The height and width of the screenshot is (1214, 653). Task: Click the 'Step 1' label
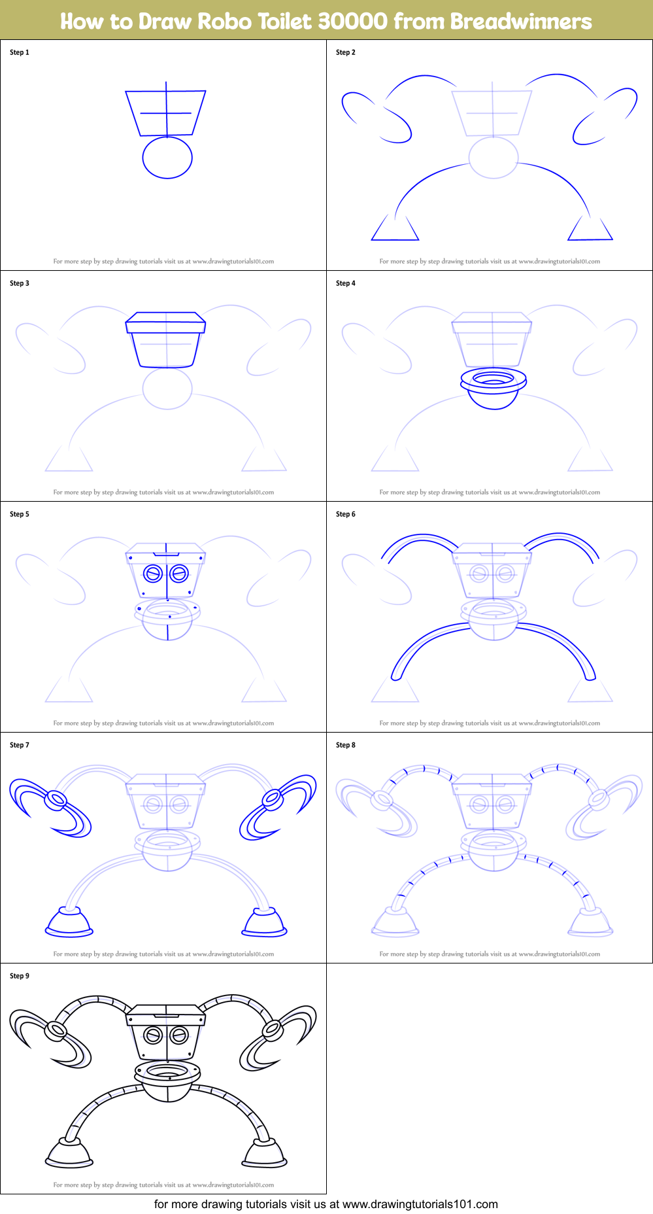click(x=20, y=52)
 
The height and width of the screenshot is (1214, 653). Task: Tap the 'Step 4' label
click(x=345, y=283)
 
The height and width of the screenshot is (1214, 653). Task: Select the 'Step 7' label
click(x=20, y=745)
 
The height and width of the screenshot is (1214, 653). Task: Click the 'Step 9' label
click(x=20, y=976)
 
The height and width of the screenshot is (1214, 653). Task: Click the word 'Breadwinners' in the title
click(x=520, y=21)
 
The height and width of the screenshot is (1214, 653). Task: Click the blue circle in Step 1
click(x=167, y=158)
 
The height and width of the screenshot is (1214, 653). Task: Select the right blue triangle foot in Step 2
click(x=590, y=230)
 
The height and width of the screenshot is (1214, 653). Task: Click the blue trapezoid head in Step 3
click(x=166, y=340)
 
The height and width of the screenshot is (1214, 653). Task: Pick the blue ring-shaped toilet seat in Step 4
click(x=494, y=380)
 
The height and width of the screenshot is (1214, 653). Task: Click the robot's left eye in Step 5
click(x=153, y=574)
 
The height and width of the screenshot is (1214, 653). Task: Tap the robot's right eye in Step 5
click(x=179, y=574)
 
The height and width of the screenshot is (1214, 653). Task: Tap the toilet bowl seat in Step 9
click(x=167, y=1073)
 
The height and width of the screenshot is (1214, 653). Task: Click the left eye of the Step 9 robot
click(x=153, y=1035)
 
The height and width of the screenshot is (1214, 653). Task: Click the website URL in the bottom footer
click(x=420, y=1204)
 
